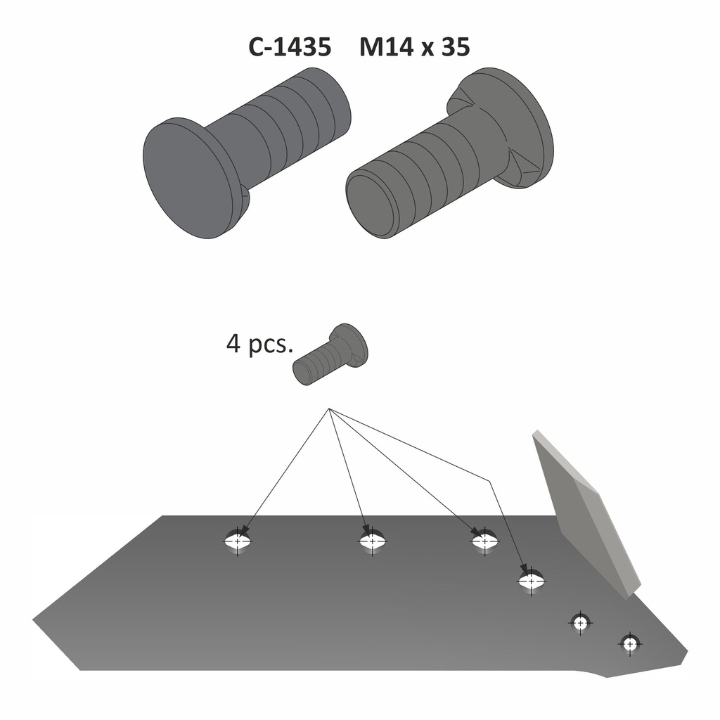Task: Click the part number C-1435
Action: click(x=289, y=48)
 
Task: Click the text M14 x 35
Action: click(x=414, y=48)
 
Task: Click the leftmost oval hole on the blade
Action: click(x=238, y=542)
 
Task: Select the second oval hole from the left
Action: click(x=372, y=542)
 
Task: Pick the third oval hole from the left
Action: click(x=484, y=541)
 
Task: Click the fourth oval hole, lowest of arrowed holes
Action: click(x=531, y=581)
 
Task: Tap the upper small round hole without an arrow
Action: click(x=580, y=623)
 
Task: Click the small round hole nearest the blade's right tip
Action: click(x=629, y=643)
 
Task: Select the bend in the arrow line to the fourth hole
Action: click(x=488, y=480)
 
